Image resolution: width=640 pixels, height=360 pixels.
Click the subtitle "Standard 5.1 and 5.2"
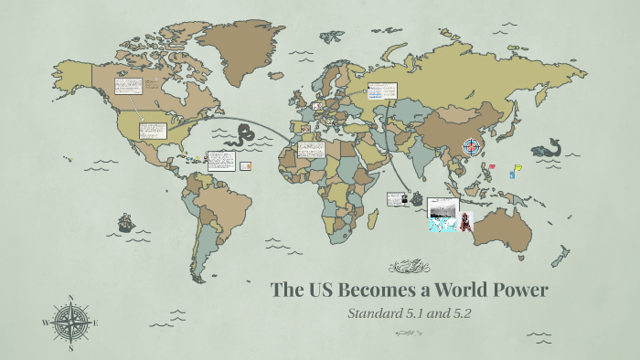coord(409,314)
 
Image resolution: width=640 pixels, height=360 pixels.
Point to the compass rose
coord(71,323)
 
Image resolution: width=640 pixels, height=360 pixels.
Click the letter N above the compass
coord(71,298)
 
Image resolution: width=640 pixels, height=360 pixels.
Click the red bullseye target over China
coord(472,146)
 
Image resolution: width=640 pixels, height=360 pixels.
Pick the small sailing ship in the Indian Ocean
coord(417,197)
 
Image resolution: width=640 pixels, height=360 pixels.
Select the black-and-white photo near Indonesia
coord(443,206)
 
